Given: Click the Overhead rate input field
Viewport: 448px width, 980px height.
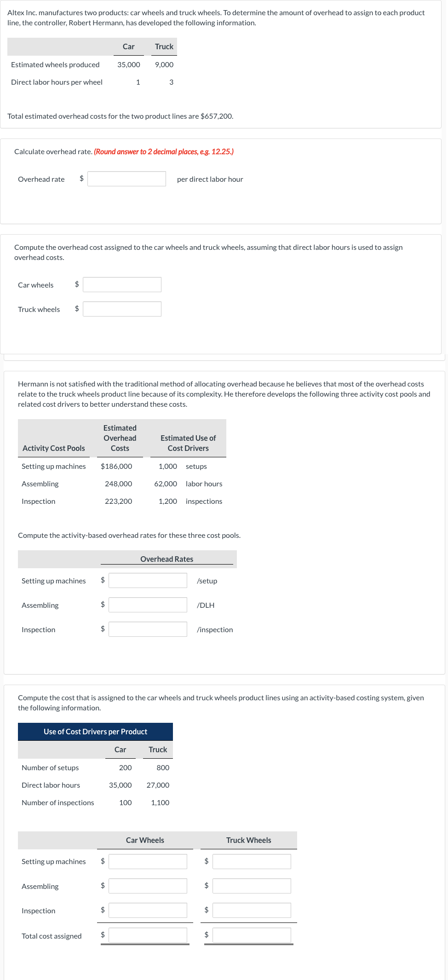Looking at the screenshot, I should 126,179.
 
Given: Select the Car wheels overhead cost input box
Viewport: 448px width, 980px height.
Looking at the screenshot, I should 122,285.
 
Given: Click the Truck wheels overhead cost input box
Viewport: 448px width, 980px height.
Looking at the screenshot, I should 122,309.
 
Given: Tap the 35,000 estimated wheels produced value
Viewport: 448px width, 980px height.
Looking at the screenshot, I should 129,65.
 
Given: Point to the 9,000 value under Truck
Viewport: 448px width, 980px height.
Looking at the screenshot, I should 164,65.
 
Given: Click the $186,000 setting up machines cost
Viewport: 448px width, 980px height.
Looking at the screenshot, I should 116,467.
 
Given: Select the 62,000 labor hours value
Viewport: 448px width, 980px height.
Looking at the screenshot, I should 166,484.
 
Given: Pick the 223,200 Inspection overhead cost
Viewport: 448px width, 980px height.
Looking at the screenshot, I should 118,502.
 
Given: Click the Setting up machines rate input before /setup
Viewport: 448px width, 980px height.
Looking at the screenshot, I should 148,581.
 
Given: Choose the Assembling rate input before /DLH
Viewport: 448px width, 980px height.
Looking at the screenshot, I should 148,605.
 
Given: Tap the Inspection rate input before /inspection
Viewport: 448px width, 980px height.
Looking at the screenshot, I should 148,629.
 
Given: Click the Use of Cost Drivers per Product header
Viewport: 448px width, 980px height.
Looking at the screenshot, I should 95,732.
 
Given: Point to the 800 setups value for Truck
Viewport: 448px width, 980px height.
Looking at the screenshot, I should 163,768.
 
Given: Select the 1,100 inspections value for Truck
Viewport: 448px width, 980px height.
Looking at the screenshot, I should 160,803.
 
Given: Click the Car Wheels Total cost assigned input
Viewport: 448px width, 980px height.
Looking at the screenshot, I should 148,935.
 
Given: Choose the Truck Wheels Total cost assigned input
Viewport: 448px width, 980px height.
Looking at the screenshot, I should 252,935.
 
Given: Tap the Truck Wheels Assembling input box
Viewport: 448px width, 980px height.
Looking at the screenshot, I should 252,886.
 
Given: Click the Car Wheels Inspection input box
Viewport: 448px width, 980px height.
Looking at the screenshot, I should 148,911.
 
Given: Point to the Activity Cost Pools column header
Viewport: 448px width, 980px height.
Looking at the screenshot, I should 54,449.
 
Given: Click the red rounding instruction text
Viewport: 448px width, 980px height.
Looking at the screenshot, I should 164,152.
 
